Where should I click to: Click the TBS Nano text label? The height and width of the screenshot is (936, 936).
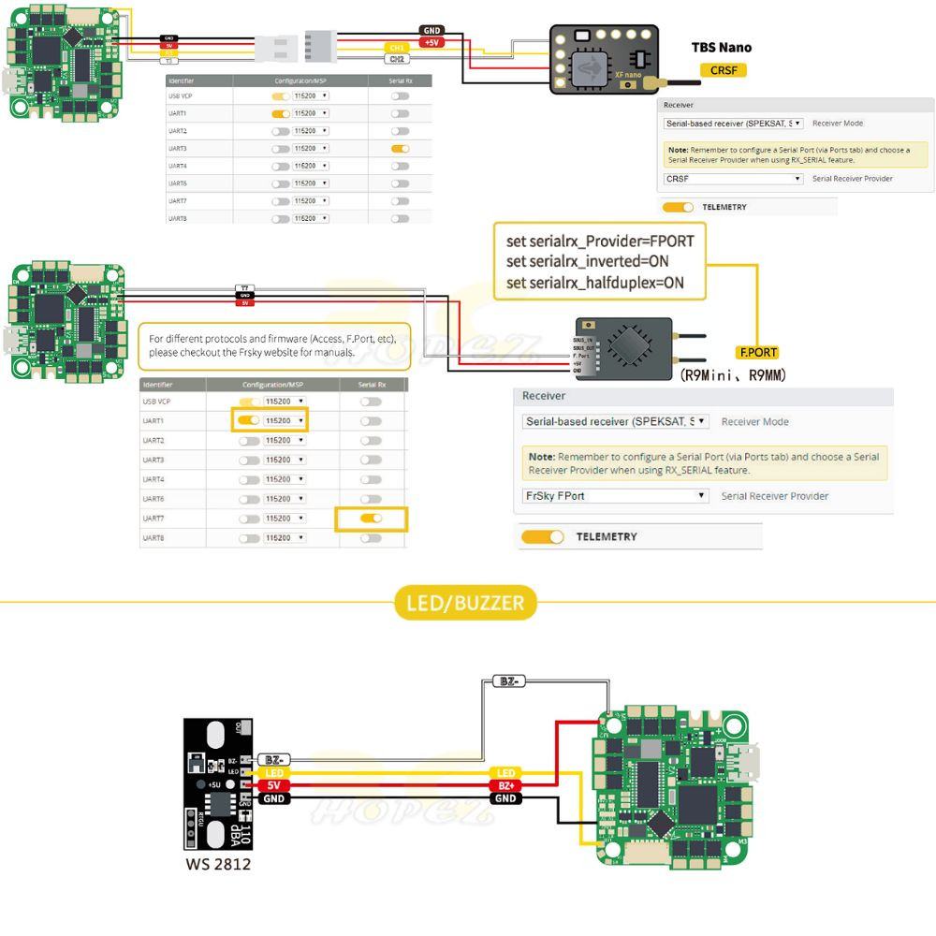721,47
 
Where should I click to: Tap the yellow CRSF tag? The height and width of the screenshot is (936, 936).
724,70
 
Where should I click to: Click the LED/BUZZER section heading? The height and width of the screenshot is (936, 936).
465,603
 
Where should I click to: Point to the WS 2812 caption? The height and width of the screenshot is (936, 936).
218,864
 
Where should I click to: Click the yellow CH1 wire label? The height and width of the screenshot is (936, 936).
397,47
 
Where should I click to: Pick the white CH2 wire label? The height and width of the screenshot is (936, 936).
397,59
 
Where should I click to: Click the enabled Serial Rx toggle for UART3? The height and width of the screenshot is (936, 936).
400,149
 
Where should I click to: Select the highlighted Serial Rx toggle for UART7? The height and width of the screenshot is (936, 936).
372,519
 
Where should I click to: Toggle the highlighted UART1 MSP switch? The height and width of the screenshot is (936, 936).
248,421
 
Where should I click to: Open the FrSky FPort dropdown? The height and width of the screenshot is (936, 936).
615,496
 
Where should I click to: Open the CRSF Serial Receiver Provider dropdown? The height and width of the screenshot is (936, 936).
733,178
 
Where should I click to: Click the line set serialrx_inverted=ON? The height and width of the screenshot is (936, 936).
587,261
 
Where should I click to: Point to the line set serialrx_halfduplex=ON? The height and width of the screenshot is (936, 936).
594,283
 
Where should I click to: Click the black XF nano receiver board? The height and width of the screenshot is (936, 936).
605,58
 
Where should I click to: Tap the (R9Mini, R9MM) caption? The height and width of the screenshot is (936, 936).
732,375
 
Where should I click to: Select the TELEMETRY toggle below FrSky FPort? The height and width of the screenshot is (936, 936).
543,537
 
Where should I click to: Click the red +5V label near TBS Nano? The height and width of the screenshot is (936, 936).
432,42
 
